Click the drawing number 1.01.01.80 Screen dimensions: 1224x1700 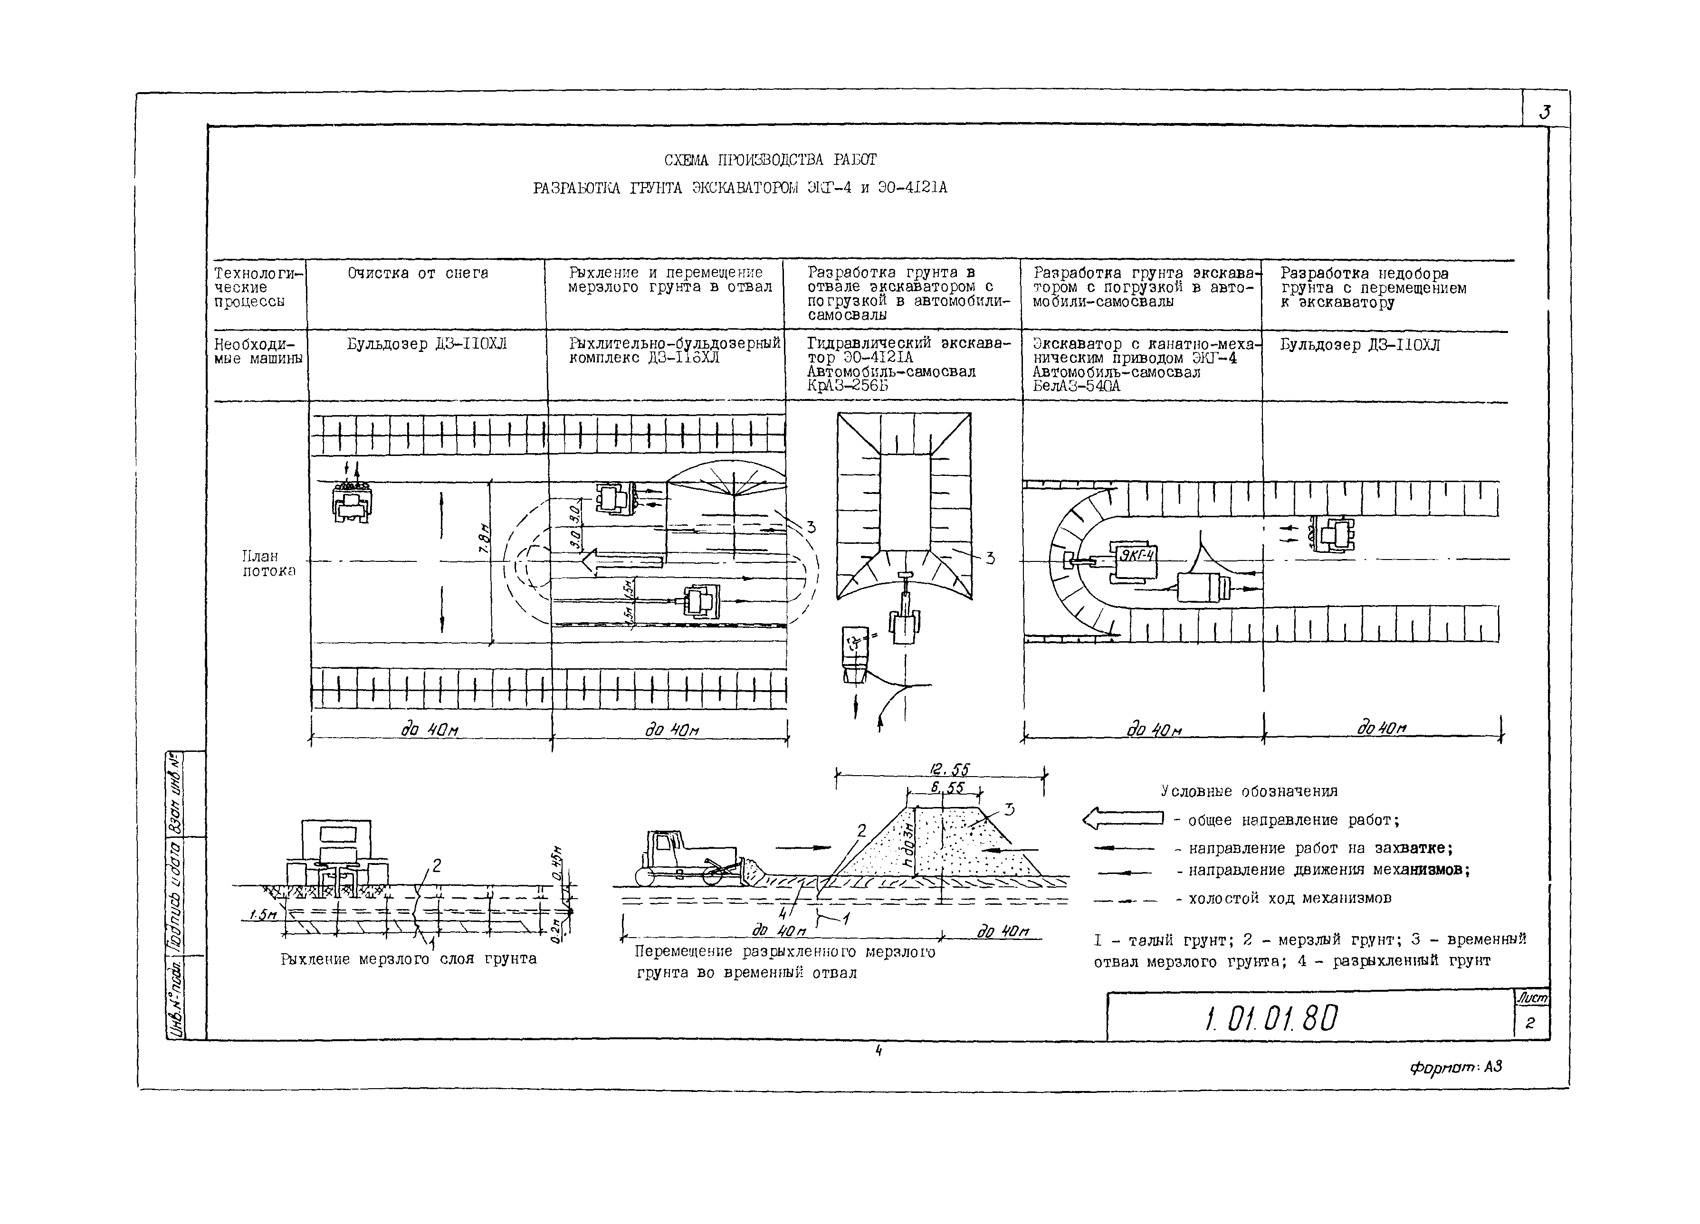(x=1272, y=1018)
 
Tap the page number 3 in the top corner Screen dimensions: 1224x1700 (x=1544, y=113)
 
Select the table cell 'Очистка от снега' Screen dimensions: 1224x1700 (x=418, y=274)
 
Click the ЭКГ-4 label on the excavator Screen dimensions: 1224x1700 (x=1137, y=555)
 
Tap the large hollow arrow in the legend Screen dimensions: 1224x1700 (x=1122, y=819)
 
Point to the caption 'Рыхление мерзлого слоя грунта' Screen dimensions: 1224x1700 (x=409, y=958)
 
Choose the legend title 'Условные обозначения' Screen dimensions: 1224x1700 (x=1249, y=791)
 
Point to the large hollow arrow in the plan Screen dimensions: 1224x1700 (x=622, y=560)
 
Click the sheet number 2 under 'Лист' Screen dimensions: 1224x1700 (x=1530, y=1023)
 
